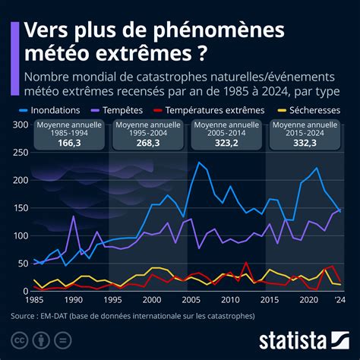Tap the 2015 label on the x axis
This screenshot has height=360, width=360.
[267, 300]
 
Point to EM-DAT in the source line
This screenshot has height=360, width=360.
[61, 316]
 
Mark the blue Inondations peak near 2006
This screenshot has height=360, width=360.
[199, 162]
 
